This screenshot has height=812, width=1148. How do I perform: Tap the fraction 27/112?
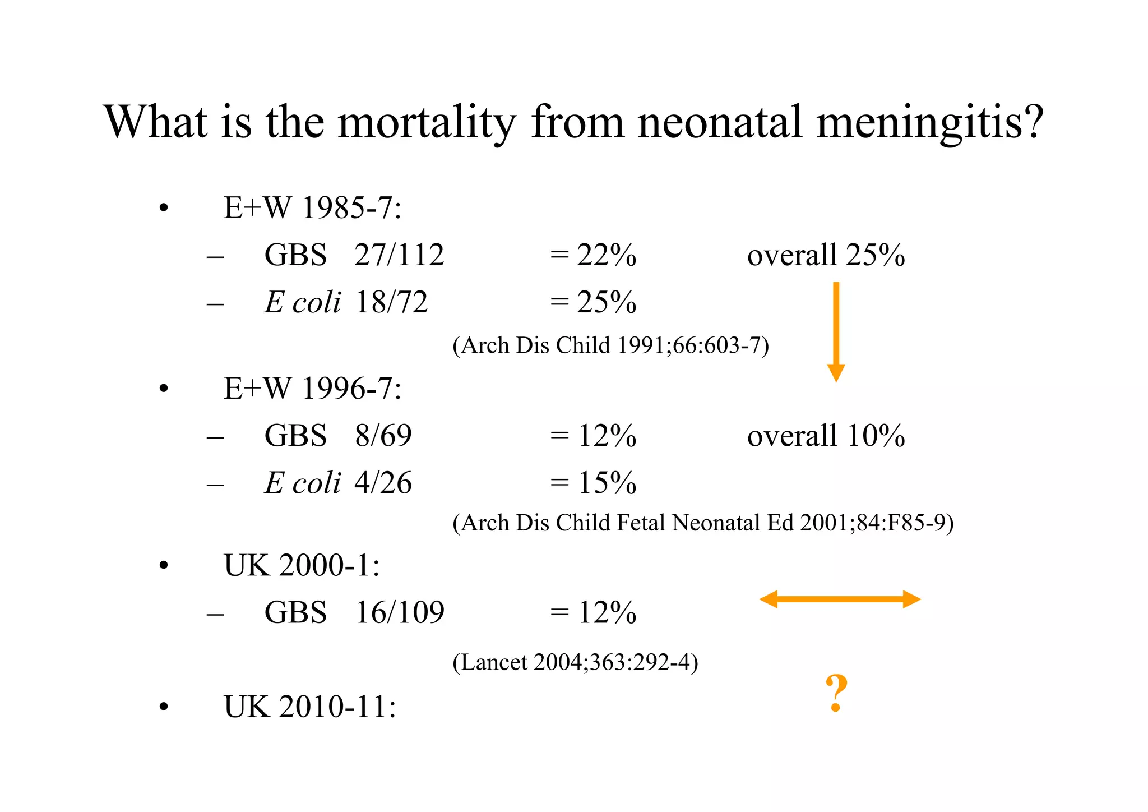pos(399,255)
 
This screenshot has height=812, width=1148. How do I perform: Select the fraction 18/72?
pos(391,302)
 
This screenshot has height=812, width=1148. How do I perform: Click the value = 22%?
pos(593,255)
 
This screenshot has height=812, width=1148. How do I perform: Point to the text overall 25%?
pos(826,255)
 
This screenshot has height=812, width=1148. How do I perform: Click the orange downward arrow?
pos(836,331)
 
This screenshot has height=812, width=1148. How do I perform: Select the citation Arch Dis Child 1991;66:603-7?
pos(610,345)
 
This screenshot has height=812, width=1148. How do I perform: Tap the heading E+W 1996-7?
pos(312,388)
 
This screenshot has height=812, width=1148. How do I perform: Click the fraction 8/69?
pos(383,436)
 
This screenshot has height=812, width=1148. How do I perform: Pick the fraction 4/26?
pos(383,483)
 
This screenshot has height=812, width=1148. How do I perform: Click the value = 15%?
pos(593,483)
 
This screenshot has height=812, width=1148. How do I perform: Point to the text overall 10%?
pos(826,436)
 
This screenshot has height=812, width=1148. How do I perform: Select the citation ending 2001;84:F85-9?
pos(703,523)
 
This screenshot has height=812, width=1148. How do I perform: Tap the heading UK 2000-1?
pos(302,565)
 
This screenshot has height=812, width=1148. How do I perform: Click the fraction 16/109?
pos(399,612)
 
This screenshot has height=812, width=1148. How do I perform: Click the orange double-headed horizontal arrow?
pos(840,599)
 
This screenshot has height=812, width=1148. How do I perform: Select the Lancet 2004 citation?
pos(575,662)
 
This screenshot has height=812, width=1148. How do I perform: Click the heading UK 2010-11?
pos(309,707)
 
